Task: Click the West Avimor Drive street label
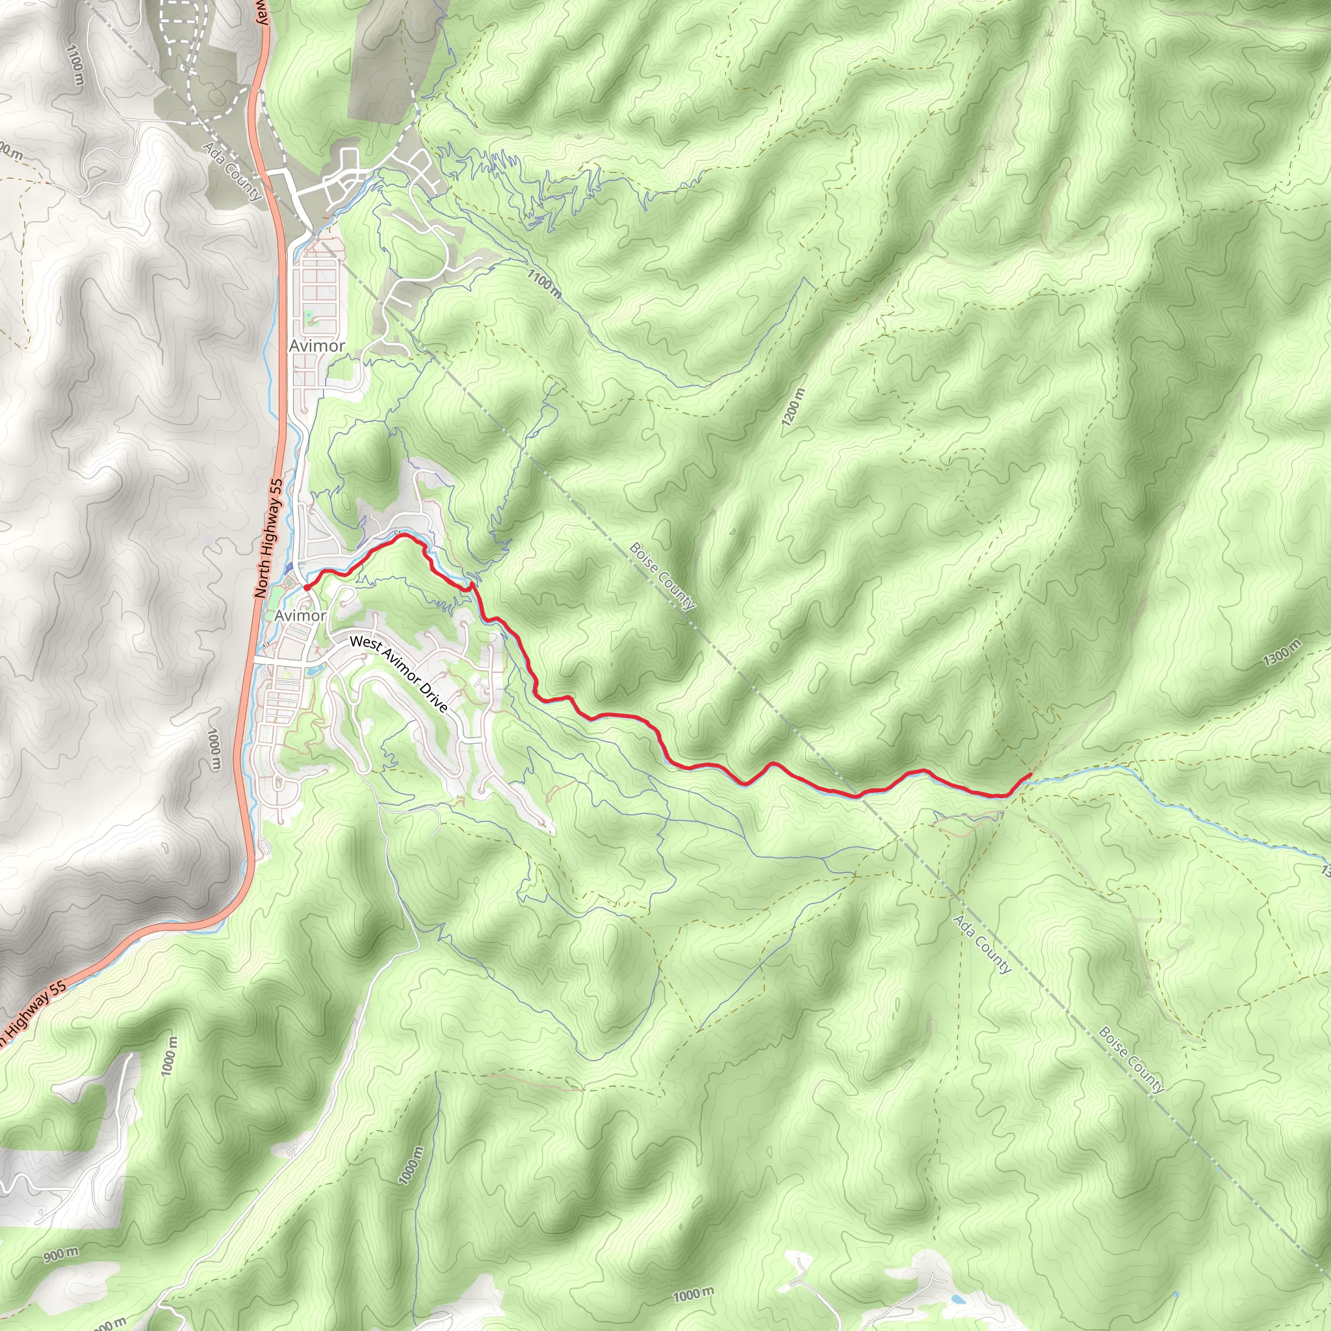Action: pyautogui.click(x=398, y=673)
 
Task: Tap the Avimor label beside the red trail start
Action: pyautogui.click(x=300, y=615)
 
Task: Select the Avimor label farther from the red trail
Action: pyautogui.click(x=317, y=346)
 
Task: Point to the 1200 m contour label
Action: pyautogui.click(x=793, y=407)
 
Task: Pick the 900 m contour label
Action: pyautogui.click(x=61, y=1254)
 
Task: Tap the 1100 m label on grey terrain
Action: pyautogui.click(x=75, y=66)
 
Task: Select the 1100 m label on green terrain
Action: pyautogui.click(x=545, y=283)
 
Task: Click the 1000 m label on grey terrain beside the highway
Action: pyautogui.click(x=215, y=749)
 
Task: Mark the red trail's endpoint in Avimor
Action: pyautogui.click(x=306, y=587)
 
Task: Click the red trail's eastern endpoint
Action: pyautogui.click(x=1029, y=775)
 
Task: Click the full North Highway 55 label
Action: pyautogui.click(x=268, y=538)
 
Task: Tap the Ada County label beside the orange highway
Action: pyautogui.click(x=232, y=171)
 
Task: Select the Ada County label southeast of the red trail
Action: pyautogui.click(x=983, y=944)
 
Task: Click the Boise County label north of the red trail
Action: pyautogui.click(x=662, y=576)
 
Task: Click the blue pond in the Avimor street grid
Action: pyautogui.click(x=313, y=668)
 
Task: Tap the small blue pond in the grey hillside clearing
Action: pyautogui.click(x=957, y=1299)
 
